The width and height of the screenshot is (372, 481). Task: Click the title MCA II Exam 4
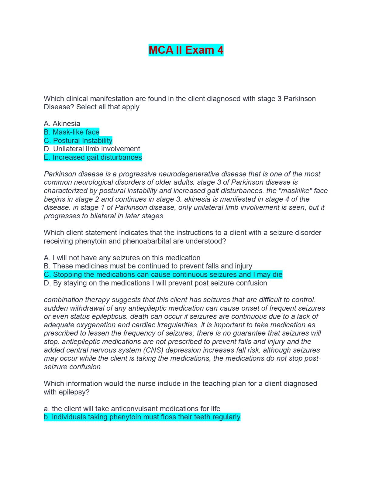(186, 50)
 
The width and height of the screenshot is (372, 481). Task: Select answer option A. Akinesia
(62, 124)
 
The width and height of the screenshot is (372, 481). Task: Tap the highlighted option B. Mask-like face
(71, 132)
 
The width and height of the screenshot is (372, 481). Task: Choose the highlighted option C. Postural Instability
(78, 141)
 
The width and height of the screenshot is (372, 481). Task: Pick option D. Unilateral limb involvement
(92, 149)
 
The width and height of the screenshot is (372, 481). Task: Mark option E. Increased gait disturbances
(93, 157)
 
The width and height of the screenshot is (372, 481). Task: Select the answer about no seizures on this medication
(122, 258)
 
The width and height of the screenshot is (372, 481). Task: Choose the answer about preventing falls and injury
(148, 266)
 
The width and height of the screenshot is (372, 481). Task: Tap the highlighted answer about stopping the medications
(163, 275)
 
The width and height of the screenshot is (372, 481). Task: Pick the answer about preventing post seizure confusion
(155, 283)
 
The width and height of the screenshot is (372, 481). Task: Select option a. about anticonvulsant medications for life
(132, 409)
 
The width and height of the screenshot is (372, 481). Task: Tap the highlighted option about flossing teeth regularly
(142, 417)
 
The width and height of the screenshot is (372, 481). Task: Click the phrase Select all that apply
(108, 107)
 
